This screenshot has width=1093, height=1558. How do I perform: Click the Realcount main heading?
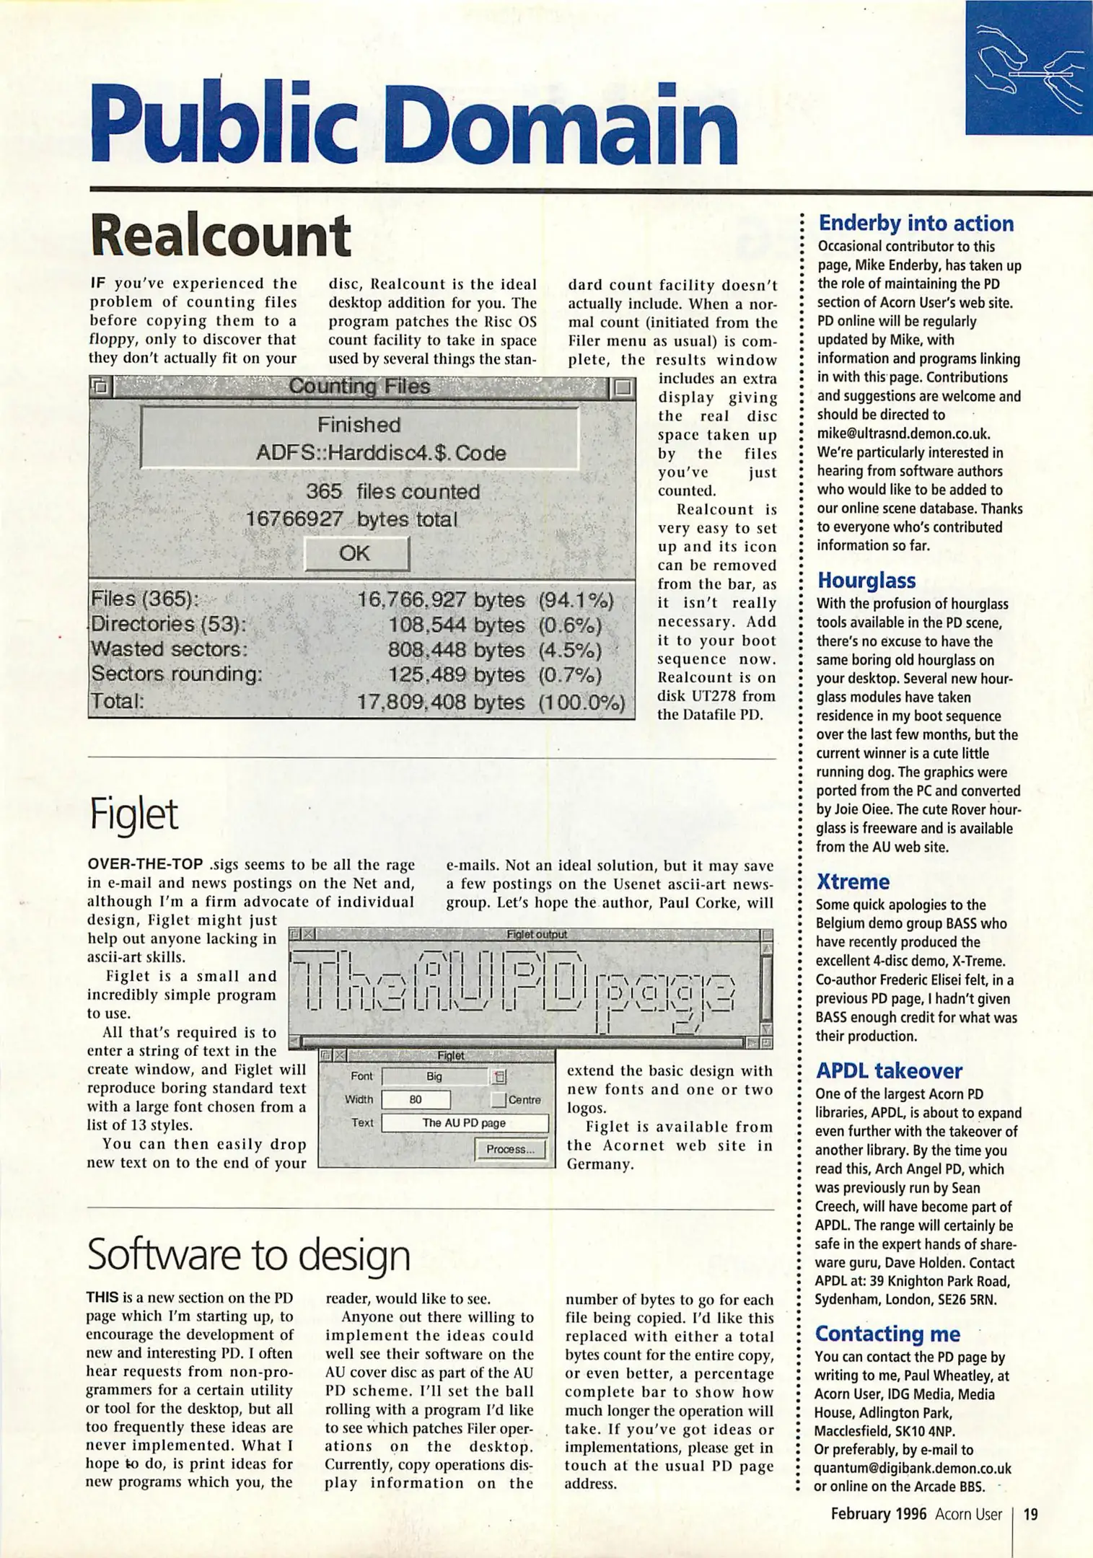pos(220,237)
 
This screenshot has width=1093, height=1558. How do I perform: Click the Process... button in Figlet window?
pos(510,1149)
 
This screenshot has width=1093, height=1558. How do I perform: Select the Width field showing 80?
pos(416,1100)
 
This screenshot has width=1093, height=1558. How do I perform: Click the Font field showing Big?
pos(434,1077)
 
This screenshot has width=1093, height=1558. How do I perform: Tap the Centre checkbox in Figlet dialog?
pos(499,1100)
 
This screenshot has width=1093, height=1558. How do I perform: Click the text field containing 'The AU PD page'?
pos(464,1123)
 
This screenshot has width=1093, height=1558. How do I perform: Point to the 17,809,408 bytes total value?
pos(441,702)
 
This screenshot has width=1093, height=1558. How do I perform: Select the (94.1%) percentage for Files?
pos(575,600)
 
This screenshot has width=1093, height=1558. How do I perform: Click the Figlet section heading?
pos(134,814)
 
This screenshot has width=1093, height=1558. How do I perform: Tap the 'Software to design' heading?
pos(248,1256)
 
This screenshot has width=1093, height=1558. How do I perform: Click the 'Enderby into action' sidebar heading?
pos(916,224)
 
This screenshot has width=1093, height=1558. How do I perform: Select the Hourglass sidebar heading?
pos(866,581)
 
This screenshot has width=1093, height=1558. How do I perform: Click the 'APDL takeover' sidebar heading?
pos(889,1071)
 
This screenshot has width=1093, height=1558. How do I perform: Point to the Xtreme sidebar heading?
pos(853,881)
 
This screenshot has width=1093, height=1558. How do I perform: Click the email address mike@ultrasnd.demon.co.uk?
pos(903,433)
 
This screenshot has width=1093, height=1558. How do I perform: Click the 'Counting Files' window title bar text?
pos(359,387)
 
